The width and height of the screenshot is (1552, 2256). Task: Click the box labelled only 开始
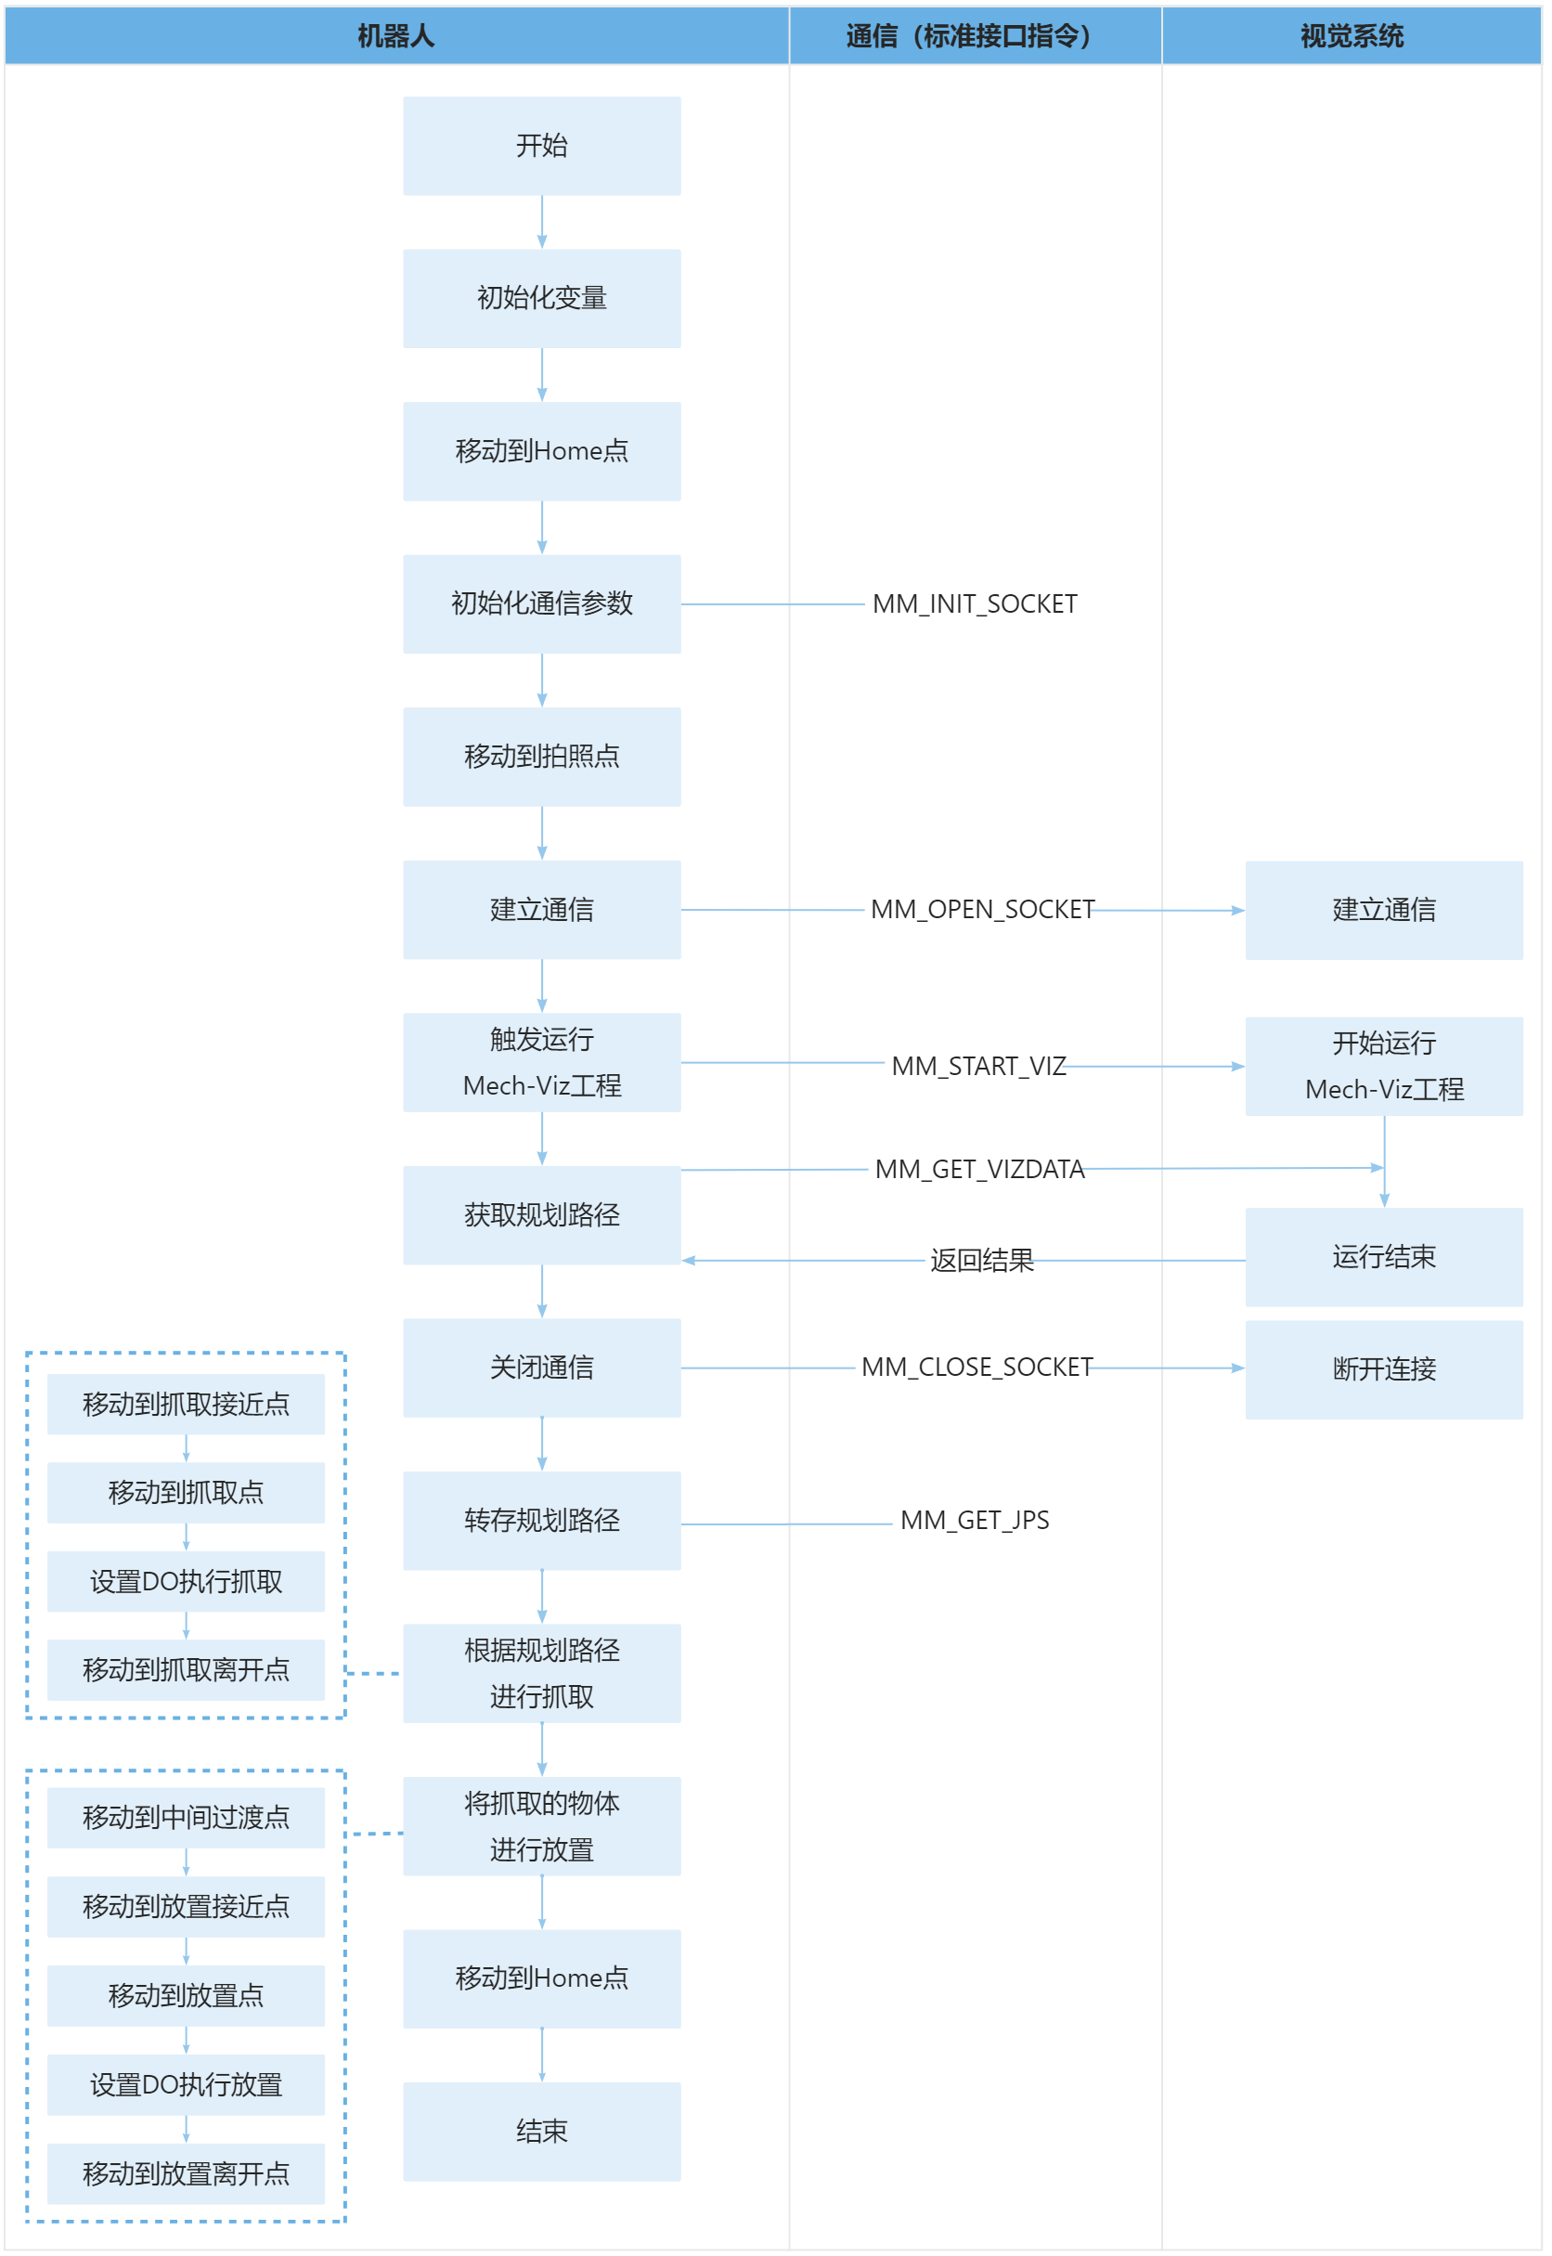point(542,146)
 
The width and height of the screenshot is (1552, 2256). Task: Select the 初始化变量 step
point(542,299)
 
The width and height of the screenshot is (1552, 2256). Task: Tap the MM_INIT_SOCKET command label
point(975,603)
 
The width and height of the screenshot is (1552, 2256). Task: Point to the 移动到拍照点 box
point(542,757)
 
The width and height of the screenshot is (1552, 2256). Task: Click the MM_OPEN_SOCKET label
point(982,909)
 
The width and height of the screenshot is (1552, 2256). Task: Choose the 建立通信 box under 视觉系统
point(1384,910)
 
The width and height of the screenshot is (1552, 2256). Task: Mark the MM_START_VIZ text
point(978,1066)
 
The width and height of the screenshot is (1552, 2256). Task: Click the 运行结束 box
point(1384,1257)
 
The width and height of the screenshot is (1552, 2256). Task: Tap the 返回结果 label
point(981,1260)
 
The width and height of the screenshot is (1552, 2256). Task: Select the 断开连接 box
point(1384,1369)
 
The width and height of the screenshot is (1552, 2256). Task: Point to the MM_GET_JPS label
point(975,1520)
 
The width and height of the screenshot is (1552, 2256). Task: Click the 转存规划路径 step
point(542,1521)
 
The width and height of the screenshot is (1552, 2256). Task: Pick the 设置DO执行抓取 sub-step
point(186,1581)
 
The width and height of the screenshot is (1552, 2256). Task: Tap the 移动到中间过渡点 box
point(186,1818)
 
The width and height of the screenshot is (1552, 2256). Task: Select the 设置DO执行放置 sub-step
point(186,2085)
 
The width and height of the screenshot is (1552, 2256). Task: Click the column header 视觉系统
point(1352,36)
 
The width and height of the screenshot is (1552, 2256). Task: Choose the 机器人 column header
point(395,36)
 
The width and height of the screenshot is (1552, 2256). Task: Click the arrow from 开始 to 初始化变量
point(542,223)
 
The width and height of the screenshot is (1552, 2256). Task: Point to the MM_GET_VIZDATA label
point(979,1169)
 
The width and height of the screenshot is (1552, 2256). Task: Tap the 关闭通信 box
point(542,1368)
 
